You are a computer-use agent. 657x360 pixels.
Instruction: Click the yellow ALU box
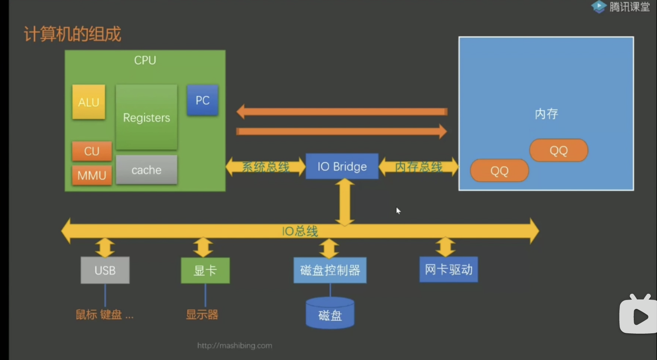point(89,102)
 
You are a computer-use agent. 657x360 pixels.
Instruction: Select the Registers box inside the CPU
point(146,117)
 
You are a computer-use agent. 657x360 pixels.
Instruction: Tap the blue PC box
point(202,100)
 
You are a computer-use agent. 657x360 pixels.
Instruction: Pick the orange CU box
point(92,151)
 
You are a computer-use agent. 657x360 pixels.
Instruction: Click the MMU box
point(92,175)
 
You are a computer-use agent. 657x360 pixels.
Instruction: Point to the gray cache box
point(146,170)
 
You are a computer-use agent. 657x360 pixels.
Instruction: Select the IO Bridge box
point(342,166)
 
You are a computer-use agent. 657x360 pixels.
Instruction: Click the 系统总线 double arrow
point(266,167)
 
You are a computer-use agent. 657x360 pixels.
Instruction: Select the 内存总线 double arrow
point(418,167)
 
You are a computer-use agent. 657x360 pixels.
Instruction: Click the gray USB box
point(105,270)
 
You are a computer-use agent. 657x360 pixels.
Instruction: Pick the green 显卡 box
point(205,270)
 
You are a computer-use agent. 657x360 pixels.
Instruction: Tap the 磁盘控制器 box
point(330,270)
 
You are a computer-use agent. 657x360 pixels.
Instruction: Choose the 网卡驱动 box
point(449,269)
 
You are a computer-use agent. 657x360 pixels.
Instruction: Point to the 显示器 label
point(202,314)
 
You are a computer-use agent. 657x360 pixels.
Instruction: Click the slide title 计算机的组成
point(72,34)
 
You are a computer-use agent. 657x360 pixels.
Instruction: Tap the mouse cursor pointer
point(398,211)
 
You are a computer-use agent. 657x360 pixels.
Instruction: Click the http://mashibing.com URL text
point(235,345)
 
